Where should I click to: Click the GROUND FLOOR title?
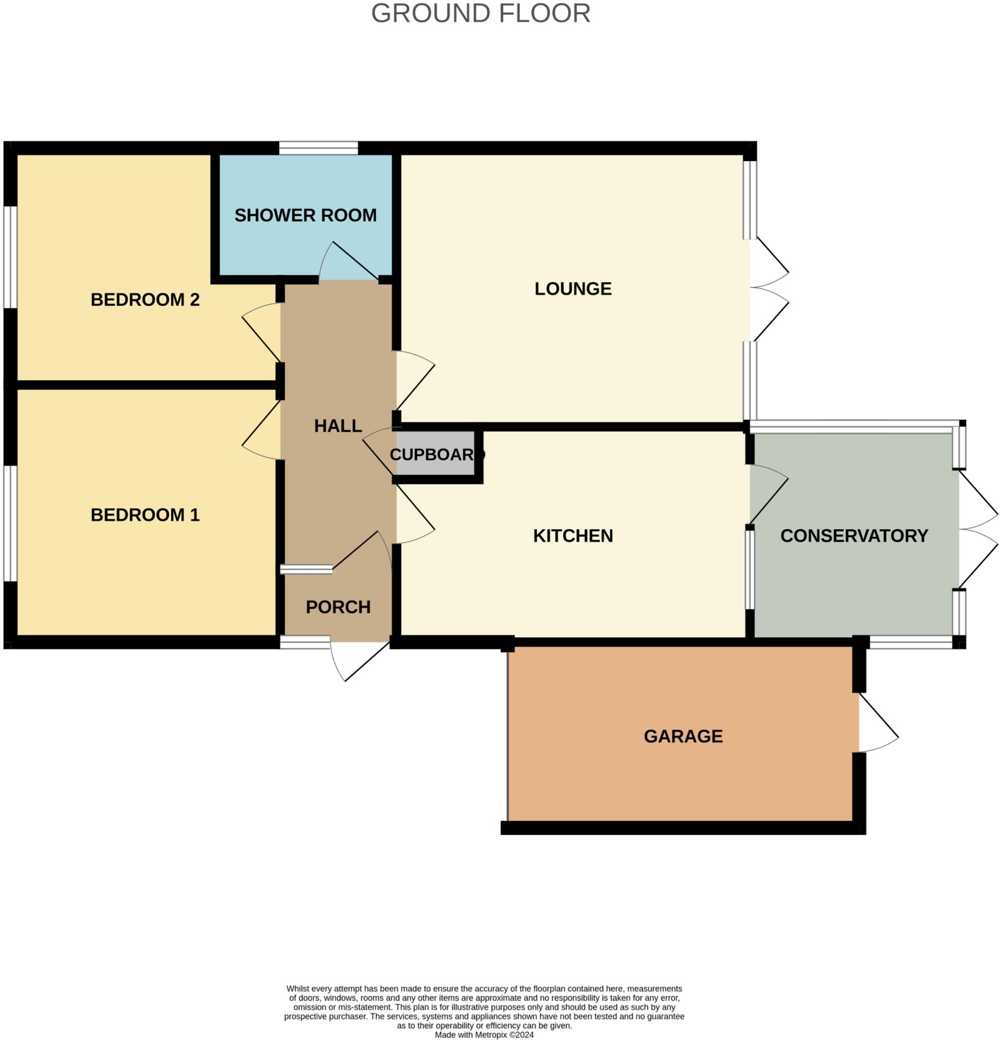480,14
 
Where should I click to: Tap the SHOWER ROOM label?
305,215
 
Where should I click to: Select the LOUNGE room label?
573,288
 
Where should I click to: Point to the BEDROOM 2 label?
145,300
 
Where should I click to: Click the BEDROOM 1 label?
145,515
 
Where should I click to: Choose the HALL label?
338,426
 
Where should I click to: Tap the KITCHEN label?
573,536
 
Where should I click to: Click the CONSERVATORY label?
854,536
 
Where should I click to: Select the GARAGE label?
683,736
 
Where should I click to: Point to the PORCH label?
338,607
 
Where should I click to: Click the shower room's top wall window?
318,148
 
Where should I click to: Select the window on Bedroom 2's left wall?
11,257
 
